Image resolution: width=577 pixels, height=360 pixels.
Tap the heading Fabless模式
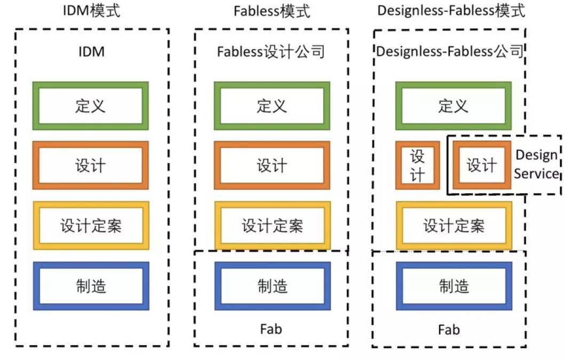(272, 11)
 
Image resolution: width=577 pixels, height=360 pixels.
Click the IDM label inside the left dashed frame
(92, 51)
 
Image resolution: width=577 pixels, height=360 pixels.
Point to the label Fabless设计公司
(271, 51)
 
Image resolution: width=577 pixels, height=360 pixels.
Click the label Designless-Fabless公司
(450, 51)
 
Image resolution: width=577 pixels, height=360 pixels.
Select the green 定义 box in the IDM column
(90, 106)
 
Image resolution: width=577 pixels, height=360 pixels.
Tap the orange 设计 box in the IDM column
(90, 166)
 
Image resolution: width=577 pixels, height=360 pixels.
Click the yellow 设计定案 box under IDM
(91, 225)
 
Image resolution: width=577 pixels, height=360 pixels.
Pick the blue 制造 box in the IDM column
(91, 286)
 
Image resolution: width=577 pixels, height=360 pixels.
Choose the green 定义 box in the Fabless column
(272, 106)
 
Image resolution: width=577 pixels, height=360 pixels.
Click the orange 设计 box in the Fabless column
(272, 166)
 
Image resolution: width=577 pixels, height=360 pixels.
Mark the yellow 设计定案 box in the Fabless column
(272, 225)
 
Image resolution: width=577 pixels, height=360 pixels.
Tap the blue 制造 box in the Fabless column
(272, 286)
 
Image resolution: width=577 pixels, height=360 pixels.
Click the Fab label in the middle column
(271, 328)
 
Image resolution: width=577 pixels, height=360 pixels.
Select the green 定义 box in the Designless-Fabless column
(454, 106)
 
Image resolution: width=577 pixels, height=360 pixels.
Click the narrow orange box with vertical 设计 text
(418, 166)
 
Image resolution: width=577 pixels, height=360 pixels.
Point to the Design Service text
(537, 164)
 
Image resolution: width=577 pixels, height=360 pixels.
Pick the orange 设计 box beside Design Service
(482, 165)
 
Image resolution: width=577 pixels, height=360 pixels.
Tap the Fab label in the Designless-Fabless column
(449, 330)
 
